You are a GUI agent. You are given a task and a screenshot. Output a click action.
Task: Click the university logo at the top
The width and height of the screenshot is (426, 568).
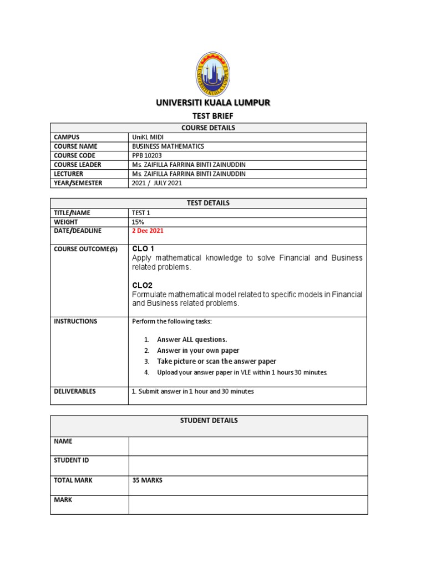coord(214,73)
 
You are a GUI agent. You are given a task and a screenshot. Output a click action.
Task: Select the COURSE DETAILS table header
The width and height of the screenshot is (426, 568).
coord(209,128)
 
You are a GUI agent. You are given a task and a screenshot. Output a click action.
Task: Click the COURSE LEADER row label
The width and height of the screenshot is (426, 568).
coord(78,165)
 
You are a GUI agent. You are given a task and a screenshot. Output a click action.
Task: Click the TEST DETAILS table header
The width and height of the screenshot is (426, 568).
coord(209,203)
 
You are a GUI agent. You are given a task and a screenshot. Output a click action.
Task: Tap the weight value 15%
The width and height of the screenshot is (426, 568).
coord(138,222)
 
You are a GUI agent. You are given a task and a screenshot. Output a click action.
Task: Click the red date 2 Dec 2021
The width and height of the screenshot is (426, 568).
coord(148,231)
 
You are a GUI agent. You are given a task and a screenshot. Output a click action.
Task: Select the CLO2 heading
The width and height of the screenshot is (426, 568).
coord(142,285)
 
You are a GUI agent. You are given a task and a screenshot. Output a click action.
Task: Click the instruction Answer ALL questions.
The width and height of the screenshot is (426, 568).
coord(192,339)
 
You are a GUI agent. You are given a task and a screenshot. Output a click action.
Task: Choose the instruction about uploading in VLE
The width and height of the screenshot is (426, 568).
coord(242,372)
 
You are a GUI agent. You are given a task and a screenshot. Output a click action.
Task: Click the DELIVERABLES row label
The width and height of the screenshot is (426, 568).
coord(75,391)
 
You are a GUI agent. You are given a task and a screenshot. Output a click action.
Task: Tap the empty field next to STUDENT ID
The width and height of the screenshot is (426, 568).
coord(247,465)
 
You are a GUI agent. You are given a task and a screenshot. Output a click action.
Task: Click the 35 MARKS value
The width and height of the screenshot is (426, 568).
coord(148,480)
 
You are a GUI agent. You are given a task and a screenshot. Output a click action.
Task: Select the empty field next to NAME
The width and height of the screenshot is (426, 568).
coord(247,446)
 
